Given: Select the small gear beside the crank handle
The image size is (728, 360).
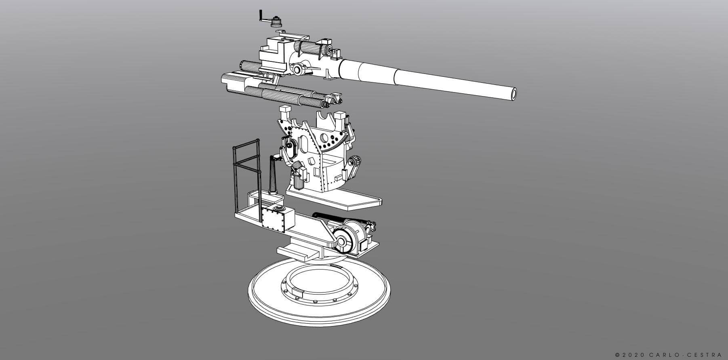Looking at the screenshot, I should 276,21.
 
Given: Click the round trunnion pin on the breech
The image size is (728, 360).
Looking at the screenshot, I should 297,70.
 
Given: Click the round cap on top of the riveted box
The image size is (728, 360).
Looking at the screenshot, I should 277,208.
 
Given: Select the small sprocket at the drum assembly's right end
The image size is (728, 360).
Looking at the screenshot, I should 372,224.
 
